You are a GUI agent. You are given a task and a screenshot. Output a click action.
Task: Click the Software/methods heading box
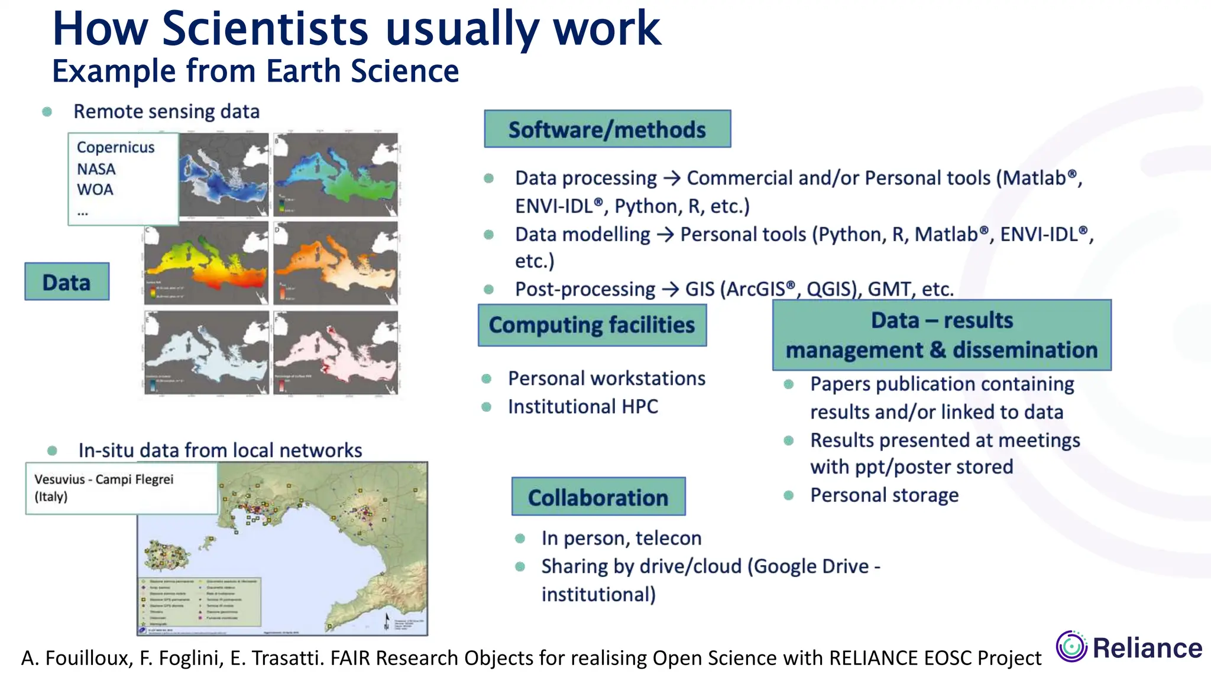click(x=607, y=129)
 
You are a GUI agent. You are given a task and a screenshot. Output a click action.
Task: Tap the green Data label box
click(x=67, y=281)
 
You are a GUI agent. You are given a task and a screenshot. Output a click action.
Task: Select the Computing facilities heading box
click(x=592, y=325)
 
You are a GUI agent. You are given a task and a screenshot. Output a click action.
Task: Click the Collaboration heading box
click(x=598, y=497)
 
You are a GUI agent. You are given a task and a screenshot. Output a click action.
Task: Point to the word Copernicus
click(x=115, y=147)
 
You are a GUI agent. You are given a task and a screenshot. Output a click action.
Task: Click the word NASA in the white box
click(x=96, y=169)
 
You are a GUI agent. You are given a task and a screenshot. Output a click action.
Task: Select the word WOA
click(x=95, y=190)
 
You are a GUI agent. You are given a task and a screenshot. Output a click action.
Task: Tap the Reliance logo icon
click(x=1071, y=646)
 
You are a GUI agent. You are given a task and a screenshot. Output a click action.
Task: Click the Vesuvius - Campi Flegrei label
click(x=104, y=479)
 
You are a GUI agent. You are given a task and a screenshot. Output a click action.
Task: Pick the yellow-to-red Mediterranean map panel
click(x=206, y=264)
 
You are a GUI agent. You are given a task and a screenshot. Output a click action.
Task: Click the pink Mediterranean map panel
click(x=336, y=353)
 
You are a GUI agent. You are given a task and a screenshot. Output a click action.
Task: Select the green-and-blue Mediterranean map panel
click(x=336, y=174)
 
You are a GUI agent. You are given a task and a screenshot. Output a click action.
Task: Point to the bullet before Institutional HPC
click(x=487, y=407)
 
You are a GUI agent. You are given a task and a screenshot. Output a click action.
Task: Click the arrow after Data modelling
click(x=665, y=235)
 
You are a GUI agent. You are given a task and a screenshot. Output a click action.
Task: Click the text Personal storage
click(x=884, y=495)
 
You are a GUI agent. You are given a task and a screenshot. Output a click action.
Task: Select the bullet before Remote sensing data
click(x=47, y=111)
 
